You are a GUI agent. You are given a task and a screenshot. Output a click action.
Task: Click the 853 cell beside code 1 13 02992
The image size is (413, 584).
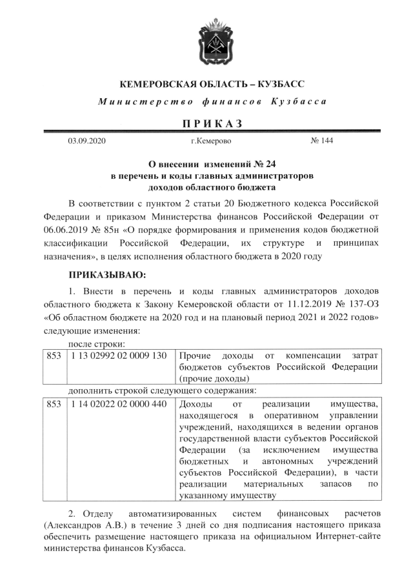[54, 356]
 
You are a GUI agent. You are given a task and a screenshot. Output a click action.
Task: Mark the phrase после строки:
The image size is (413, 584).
[97, 343]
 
